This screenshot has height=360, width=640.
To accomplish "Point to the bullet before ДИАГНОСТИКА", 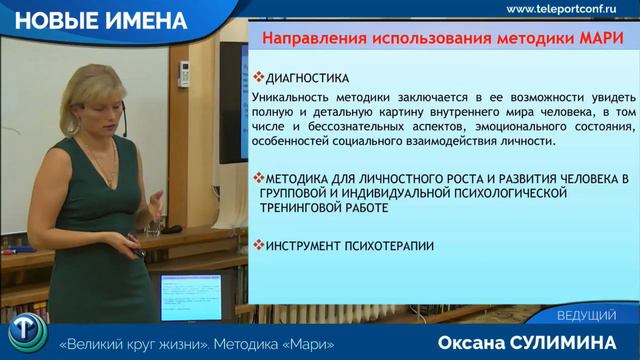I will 258,77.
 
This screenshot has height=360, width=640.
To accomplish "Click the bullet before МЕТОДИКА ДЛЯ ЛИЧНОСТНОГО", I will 258,178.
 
